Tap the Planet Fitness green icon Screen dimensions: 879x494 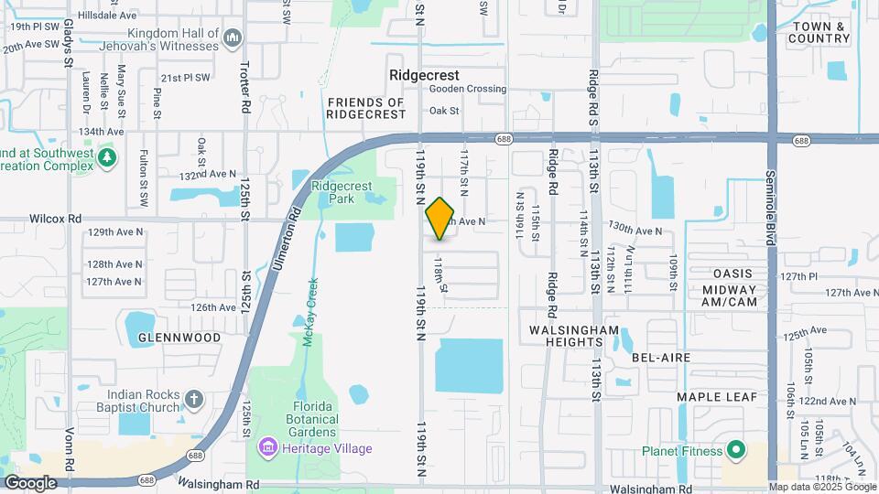tap(734, 450)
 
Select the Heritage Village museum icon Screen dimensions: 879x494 tap(268, 448)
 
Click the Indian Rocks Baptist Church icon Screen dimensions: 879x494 tap(193, 399)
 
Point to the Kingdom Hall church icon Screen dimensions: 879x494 tap(233, 38)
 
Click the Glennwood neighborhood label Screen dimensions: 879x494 tap(179, 338)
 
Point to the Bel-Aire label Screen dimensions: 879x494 tap(659, 358)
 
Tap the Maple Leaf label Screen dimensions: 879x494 tap(717, 397)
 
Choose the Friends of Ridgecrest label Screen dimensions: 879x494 tap(366, 108)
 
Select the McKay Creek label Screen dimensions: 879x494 tap(309, 312)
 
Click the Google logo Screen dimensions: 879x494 tap(31, 482)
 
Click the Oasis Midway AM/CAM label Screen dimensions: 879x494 tap(729, 287)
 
